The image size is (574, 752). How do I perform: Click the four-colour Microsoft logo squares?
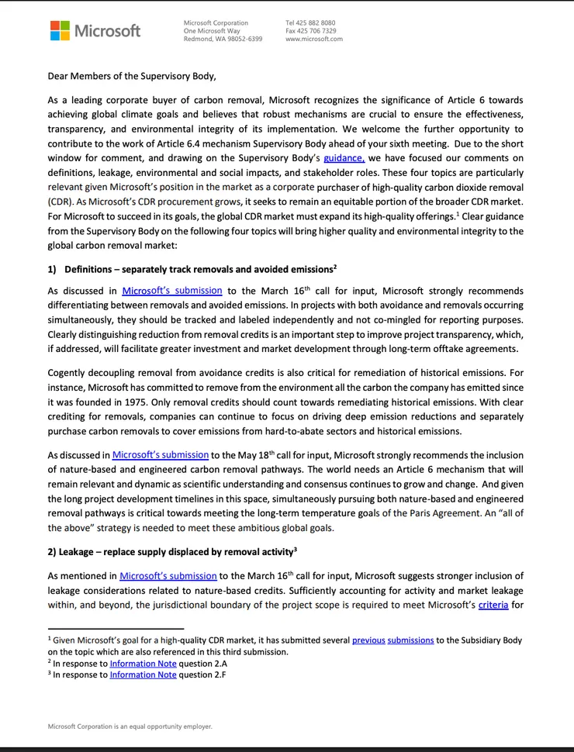coord(60,30)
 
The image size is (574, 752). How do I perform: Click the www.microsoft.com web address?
coord(314,39)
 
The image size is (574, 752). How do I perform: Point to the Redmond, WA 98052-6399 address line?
coord(223,39)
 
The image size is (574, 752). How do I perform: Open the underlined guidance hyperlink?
coord(344,158)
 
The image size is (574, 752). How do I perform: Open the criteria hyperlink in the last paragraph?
coord(493,605)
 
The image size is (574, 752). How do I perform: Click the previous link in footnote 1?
coord(368,640)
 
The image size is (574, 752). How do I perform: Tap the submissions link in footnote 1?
coord(410,640)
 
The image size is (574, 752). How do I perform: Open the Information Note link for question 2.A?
coord(143,664)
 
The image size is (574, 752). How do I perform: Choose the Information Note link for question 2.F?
coord(143,675)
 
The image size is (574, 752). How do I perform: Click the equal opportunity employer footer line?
coord(130,726)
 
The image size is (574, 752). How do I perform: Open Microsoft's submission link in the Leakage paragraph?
coord(168,576)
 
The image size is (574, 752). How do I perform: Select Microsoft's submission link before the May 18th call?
coord(161,455)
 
